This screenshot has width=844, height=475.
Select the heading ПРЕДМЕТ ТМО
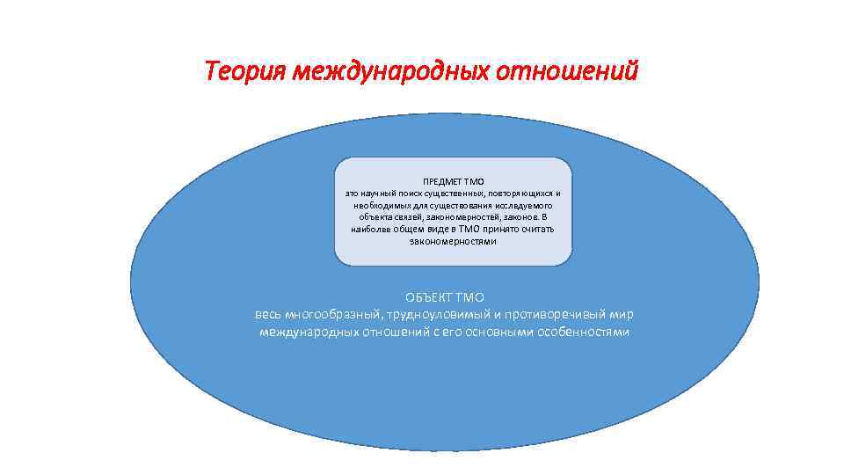click(453, 180)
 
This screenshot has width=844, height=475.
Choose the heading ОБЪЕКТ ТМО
click(445, 298)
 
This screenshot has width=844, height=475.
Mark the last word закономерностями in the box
click(453, 240)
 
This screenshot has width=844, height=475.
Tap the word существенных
click(447, 193)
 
